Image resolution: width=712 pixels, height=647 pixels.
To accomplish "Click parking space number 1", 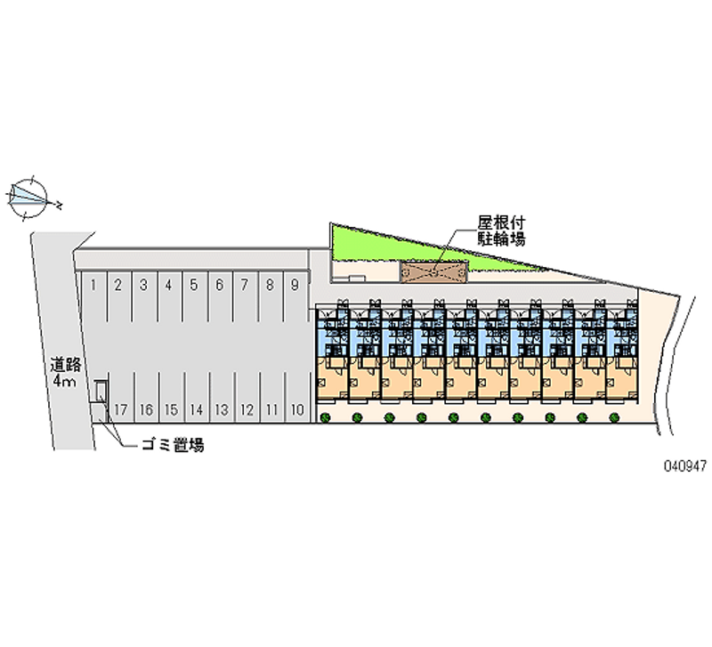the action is point(94,296).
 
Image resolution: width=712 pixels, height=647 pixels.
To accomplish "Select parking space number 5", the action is point(195,296).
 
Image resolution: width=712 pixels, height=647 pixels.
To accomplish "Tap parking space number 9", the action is point(296,296).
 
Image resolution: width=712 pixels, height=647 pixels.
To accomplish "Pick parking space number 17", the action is point(121,397).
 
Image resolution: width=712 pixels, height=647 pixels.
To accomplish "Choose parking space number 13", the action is point(222,397).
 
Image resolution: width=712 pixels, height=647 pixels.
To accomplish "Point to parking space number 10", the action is point(298,397).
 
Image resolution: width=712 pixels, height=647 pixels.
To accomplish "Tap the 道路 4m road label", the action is point(65,372).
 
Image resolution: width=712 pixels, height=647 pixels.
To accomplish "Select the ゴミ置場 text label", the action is point(173,445).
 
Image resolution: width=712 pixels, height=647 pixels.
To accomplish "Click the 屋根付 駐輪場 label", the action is point(501,230).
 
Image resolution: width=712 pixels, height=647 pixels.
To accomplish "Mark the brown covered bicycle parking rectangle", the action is point(433,272).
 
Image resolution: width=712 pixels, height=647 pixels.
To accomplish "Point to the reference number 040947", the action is point(685,465).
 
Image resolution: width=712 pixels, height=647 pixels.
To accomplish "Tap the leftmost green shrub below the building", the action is point(325,417).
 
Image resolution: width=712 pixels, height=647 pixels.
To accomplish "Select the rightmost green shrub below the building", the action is point(614,417).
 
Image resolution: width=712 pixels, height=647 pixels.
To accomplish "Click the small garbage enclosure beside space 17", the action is point(101,392).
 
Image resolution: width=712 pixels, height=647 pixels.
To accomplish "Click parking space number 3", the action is point(144,296).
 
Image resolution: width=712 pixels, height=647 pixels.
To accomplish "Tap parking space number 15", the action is point(172,397).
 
